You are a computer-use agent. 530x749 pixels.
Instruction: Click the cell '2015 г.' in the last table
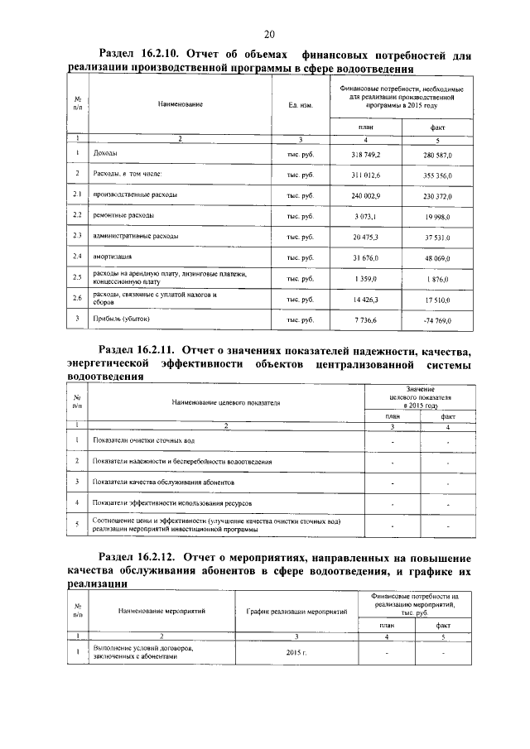(x=294, y=654)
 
